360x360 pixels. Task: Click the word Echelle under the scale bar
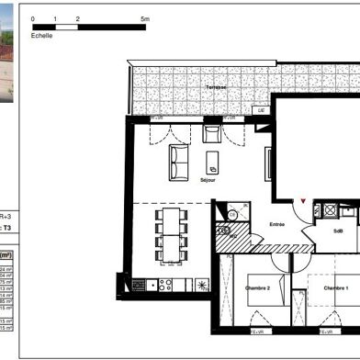point(42,36)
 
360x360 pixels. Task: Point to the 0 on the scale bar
point(33,18)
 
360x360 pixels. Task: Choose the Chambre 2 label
point(257,288)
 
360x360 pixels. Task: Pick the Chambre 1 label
point(335,288)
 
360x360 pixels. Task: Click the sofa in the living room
point(177,162)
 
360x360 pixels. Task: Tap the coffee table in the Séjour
point(213,164)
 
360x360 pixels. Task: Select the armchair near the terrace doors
point(212,135)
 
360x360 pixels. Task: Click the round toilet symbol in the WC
point(232,216)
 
